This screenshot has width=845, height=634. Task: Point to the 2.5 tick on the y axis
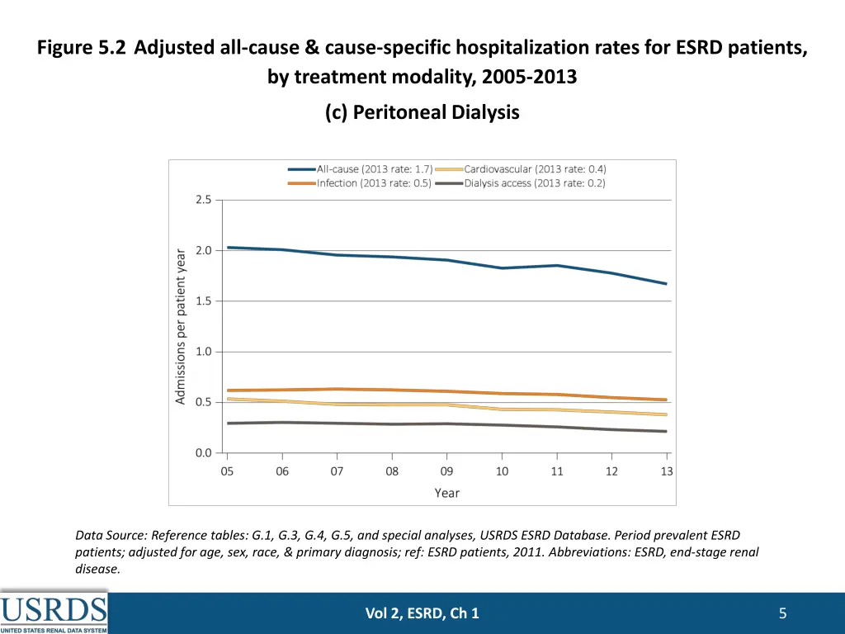coord(203,200)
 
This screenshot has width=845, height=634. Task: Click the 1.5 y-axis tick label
coord(203,301)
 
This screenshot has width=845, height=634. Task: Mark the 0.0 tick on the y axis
coord(203,453)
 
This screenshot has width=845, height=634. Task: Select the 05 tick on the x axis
coord(227,471)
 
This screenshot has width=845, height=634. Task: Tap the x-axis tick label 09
coord(446,471)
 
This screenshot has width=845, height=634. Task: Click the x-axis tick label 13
coord(667,471)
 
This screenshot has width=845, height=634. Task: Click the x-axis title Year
coord(447,493)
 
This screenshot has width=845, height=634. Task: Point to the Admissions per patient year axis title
coord(182,326)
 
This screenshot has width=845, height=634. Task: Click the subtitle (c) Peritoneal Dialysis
coord(422,112)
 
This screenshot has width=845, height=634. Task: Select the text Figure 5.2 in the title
coord(82,47)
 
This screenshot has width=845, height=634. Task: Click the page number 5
coord(782,613)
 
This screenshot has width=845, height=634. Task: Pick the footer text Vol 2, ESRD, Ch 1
coord(422,613)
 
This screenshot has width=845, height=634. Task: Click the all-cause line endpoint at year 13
coord(666,284)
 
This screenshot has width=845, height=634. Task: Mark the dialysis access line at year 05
coord(229,423)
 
